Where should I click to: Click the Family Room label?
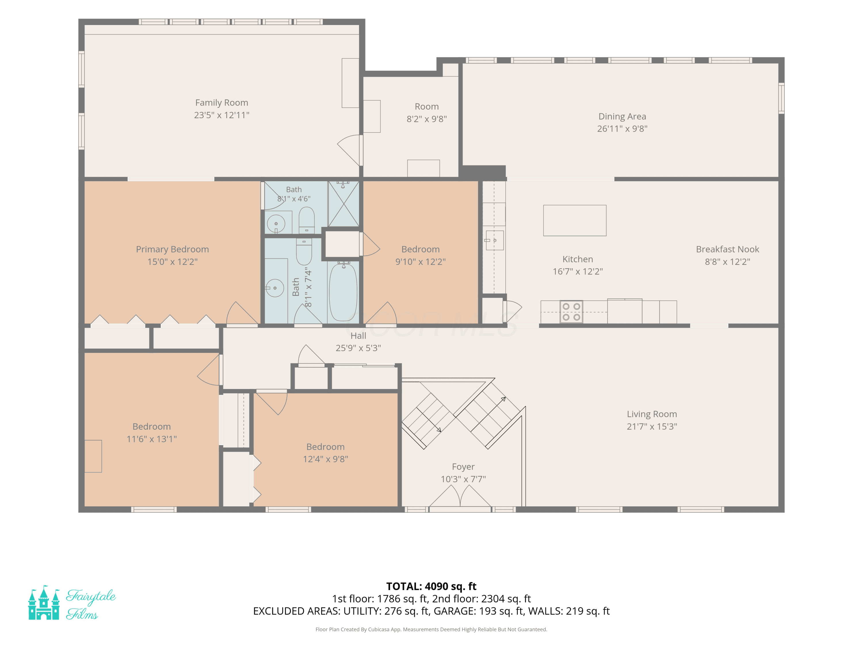pos(222,103)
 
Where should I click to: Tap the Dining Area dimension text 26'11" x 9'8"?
pos(622,129)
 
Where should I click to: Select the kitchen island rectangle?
pos(575,220)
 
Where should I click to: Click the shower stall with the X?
pos(343,204)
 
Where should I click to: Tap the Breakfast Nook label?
pos(727,249)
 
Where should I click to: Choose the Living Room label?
pos(652,414)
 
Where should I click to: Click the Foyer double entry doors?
pos(460,497)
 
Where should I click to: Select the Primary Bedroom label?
pos(172,249)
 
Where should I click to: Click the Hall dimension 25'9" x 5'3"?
pos(358,348)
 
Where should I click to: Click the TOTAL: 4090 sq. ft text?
pos(431,586)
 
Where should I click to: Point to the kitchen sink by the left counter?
pos(494,240)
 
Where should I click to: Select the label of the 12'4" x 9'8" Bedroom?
pos(325,447)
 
